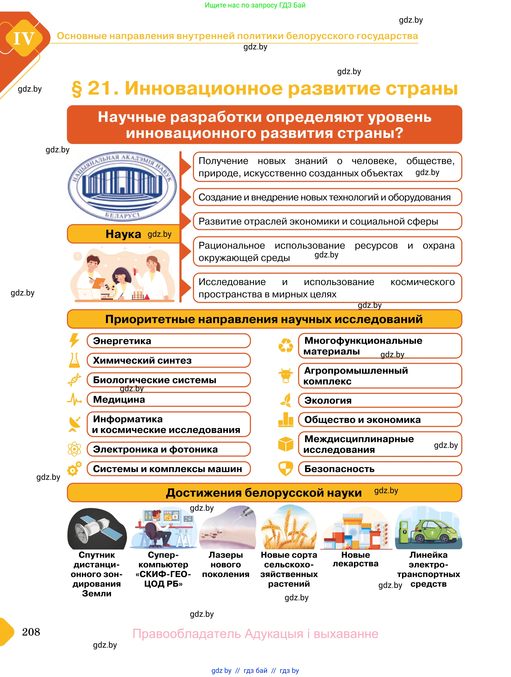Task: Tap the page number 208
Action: tap(31, 632)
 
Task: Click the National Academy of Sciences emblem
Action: tap(122, 186)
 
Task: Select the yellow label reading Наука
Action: tap(123, 234)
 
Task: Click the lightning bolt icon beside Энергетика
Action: tap(74, 341)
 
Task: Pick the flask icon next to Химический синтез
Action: tap(74, 360)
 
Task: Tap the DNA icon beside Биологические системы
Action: tap(74, 380)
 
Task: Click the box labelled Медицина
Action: tap(168, 400)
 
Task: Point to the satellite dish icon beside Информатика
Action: tap(74, 424)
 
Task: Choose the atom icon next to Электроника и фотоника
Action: tap(74, 449)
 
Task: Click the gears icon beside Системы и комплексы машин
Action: tap(74, 468)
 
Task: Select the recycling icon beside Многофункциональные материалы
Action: tap(286, 345)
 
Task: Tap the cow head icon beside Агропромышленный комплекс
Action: tap(286, 376)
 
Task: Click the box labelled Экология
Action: tap(380, 400)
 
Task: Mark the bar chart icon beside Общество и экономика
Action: tap(286, 420)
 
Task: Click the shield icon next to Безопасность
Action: tap(286, 468)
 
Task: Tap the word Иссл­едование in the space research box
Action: tap(232, 282)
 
